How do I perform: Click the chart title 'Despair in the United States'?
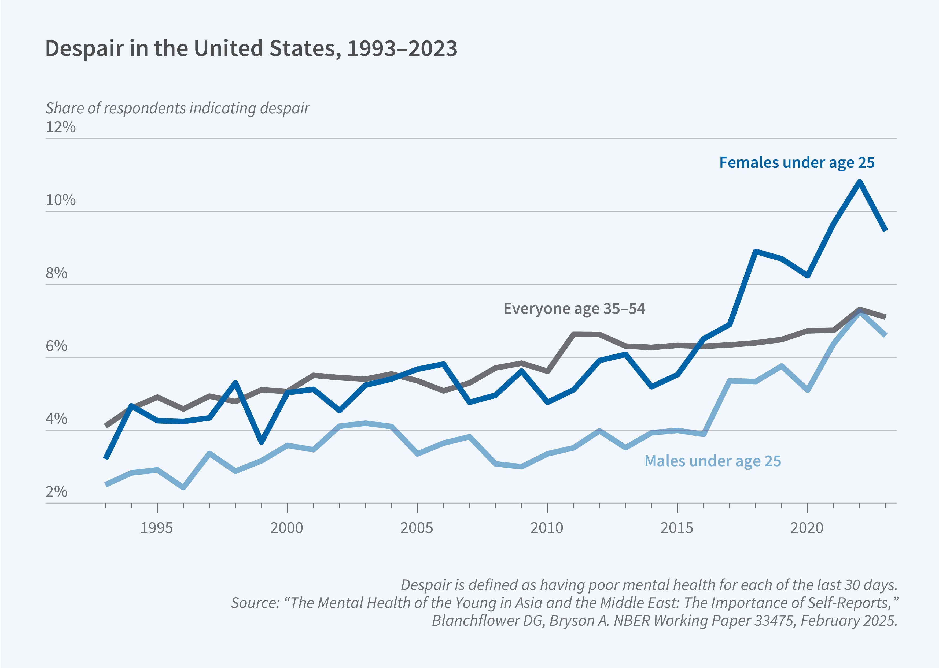251,48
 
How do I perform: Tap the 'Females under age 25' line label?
797,162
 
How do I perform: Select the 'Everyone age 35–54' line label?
574,308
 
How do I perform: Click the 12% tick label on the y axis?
61,127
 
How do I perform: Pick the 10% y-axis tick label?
61,200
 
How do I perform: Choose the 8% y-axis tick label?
56,273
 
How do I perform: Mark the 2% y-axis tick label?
56,491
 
